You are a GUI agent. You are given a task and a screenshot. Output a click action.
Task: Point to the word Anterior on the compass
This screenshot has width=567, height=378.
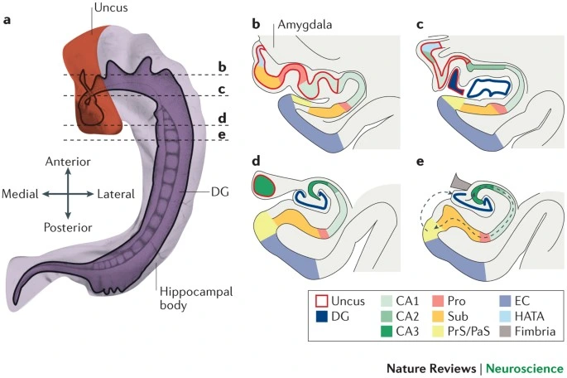[x=68, y=161]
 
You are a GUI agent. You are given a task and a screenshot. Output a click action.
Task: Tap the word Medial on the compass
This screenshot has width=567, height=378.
[x=21, y=193]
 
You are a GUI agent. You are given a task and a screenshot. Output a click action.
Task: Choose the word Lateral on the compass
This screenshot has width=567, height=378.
[x=116, y=193]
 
